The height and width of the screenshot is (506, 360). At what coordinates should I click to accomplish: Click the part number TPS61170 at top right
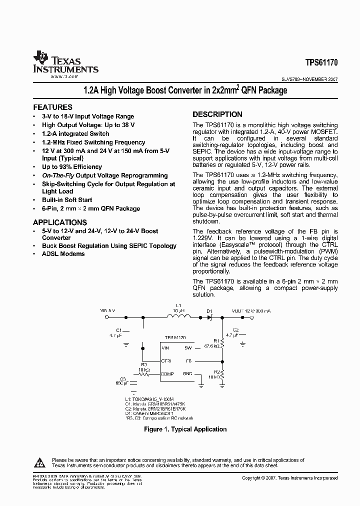click(x=321, y=63)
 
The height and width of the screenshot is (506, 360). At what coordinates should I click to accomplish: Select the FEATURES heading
click(x=52, y=107)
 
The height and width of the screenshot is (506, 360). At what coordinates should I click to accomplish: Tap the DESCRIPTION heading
click(x=217, y=114)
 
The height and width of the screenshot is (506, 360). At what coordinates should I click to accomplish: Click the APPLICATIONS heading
click(x=60, y=222)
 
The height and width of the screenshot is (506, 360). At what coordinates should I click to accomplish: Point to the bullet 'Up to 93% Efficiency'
click(x=71, y=167)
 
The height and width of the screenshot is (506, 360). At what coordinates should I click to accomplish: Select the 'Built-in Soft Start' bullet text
click(x=66, y=200)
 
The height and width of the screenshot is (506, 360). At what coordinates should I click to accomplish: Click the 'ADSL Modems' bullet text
click(x=63, y=254)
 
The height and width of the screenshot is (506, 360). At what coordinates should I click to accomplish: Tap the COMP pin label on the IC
click(x=167, y=373)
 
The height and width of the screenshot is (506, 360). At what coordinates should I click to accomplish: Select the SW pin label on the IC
click(x=188, y=347)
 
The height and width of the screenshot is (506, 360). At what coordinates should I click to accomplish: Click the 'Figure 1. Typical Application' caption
click(x=185, y=429)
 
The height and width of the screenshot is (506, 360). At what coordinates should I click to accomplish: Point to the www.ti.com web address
click(x=64, y=77)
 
